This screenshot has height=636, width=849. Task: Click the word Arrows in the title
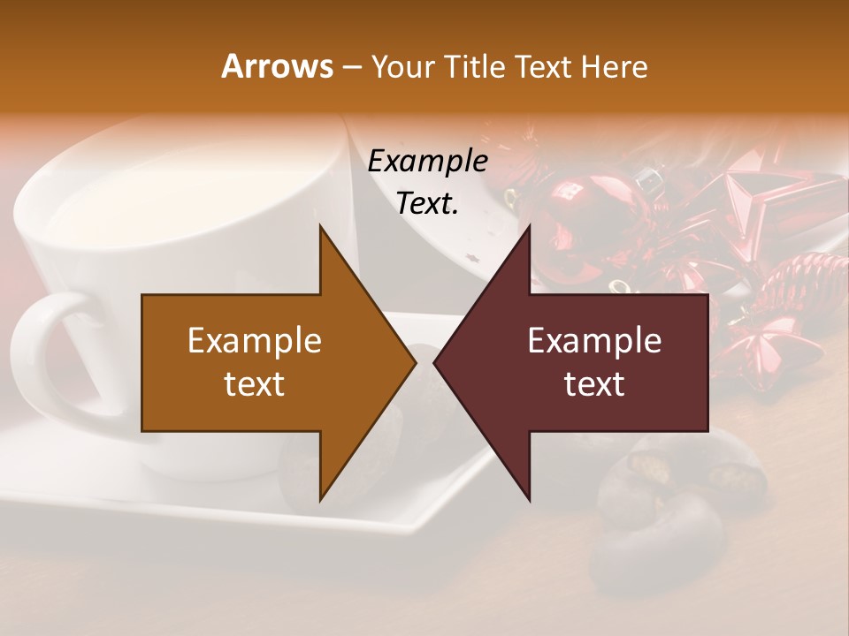[277, 66]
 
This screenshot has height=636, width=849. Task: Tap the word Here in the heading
[616, 66]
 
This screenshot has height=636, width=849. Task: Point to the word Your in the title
[402, 67]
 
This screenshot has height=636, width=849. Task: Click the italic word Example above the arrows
[427, 162]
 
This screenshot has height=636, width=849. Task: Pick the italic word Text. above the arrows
[427, 203]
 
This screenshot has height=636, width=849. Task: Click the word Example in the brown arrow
[254, 341]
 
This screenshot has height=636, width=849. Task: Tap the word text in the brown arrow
[254, 384]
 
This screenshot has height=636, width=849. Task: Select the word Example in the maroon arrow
[594, 341]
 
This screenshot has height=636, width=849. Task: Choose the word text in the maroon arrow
[594, 384]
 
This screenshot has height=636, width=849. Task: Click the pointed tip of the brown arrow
[414, 362]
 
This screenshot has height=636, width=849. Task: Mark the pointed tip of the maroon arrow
[436, 362]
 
